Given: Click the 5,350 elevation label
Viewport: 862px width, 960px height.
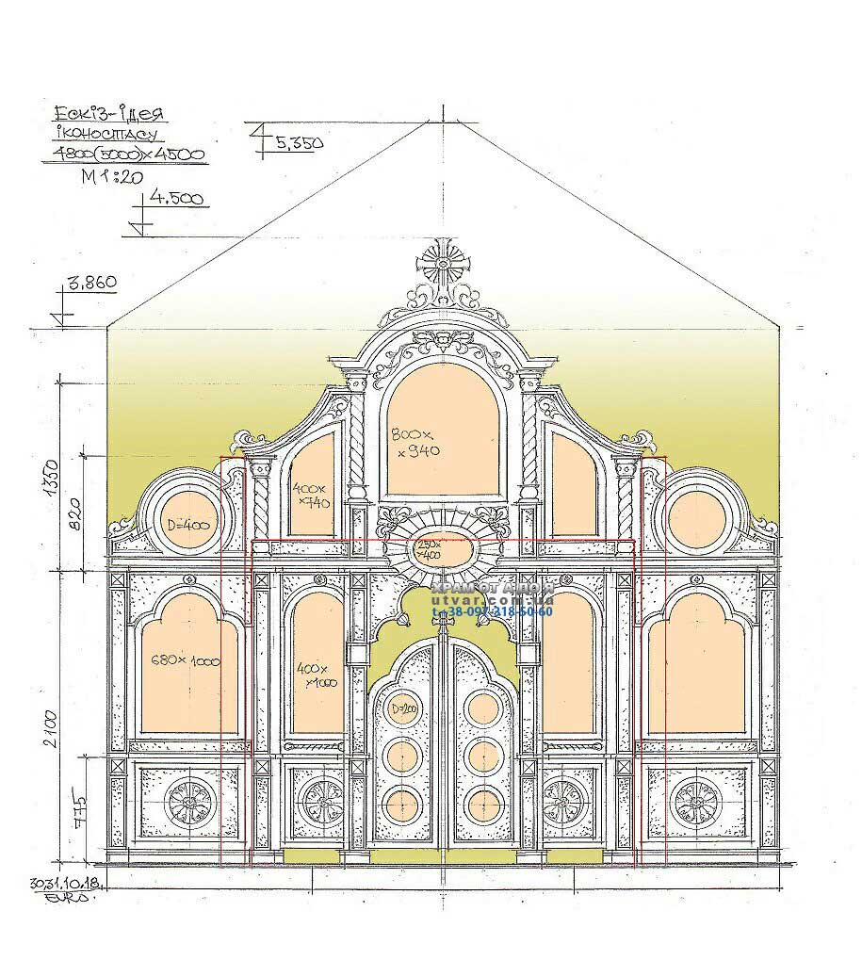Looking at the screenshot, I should click(x=300, y=142).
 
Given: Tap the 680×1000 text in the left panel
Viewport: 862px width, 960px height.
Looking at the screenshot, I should click(x=186, y=660).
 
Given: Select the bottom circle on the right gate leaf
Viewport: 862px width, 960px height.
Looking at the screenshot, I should click(x=481, y=803).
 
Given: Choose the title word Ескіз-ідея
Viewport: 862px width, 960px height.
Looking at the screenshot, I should click(x=109, y=116).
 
